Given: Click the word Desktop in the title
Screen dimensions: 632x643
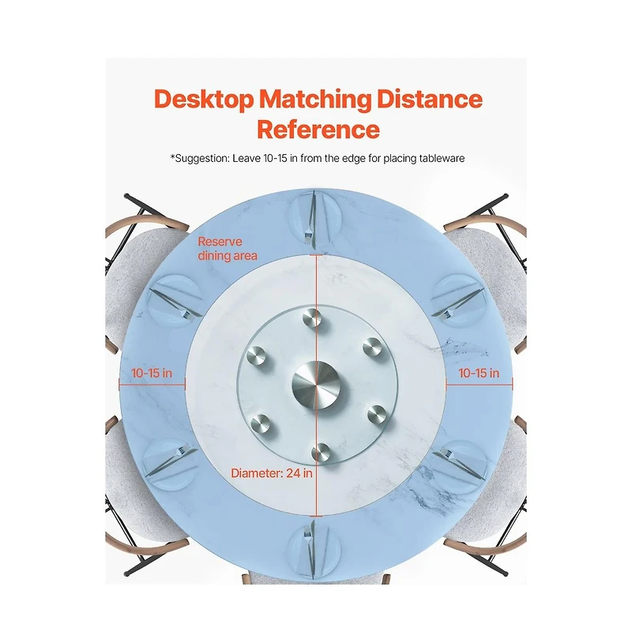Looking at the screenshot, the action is click(x=204, y=100).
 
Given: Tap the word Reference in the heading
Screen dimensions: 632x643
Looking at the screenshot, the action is click(x=318, y=130).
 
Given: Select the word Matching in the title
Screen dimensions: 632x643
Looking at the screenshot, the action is click(x=315, y=100).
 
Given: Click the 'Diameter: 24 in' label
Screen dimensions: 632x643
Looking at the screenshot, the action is click(x=272, y=473).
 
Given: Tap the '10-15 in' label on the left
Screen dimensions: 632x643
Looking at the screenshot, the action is click(x=152, y=373).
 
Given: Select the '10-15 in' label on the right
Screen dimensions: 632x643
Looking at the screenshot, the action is click(x=479, y=373).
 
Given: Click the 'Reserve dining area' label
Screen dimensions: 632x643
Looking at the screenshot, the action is click(x=228, y=249).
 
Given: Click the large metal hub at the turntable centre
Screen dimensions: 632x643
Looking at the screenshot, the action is click(x=316, y=385).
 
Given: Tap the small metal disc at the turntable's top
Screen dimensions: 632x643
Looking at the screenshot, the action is click(x=312, y=318).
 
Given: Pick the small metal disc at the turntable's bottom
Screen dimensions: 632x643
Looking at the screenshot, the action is click(x=321, y=453).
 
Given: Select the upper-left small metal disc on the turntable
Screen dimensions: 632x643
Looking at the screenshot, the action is click(x=256, y=356).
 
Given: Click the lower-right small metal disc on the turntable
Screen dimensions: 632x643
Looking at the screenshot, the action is click(x=377, y=414).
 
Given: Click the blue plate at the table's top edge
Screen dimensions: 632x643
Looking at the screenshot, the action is click(x=314, y=217).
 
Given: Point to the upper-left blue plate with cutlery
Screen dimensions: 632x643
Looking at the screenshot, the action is click(x=175, y=301).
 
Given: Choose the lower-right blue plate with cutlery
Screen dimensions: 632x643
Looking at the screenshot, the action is click(x=460, y=467).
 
